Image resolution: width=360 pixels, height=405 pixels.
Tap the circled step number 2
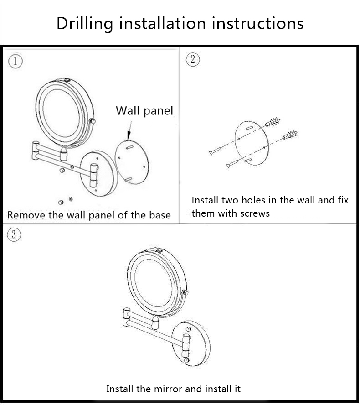coord(193,59)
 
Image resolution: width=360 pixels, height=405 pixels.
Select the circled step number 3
coord(14,234)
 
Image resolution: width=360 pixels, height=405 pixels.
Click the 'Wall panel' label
coord(144,111)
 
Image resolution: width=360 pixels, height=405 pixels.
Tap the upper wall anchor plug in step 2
coord(273,123)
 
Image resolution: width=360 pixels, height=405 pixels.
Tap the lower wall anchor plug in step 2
coord(290,135)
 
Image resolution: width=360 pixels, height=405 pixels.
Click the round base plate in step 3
coord(191,342)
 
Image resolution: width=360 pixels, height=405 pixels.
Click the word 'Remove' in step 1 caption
coord(25,215)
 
